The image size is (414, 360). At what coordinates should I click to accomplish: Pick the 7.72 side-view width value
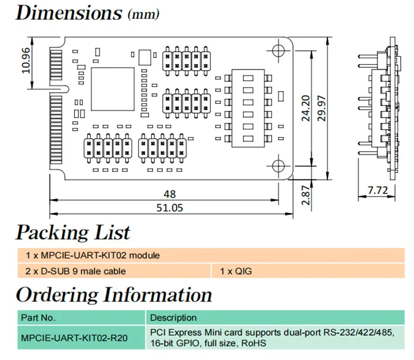pyautogui.click(x=378, y=191)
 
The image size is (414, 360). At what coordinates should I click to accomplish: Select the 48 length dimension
pyautogui.click(x=169, y=194)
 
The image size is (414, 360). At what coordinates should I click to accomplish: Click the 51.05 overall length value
pyautogui.click(x=169, y=208)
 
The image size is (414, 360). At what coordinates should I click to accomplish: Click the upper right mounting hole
pyautogui.click(x=278, y=50)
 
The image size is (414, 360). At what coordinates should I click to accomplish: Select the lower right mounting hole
pyautogui.click(x=278, y=165)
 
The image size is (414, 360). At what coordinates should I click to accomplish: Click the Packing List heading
pyautogui.click(x=73, y=232)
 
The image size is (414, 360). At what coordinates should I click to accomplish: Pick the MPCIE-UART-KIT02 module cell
pyautogui.click(x=93, y=255)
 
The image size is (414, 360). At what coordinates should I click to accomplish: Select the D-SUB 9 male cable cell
pyautogui.click(x=76, y=271)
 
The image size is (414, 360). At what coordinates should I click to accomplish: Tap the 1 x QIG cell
pyautogui.click(x=236, y=271)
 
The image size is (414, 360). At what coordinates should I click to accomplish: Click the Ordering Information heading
pyautogui.click(x=114, y=294)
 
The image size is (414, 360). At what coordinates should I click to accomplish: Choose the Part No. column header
pyautogui.click(x=38, y=317)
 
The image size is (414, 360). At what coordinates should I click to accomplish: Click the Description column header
pyautogui.click(x=173, y=317)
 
